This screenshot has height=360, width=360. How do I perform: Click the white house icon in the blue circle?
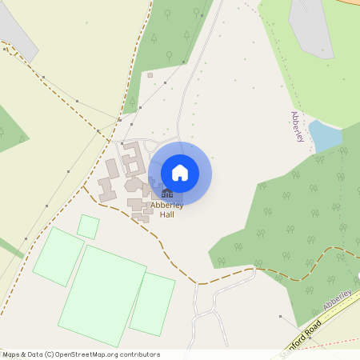(x=180, y=173)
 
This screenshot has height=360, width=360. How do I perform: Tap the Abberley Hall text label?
(x=167, y=210)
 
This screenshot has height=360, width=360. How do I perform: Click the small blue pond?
(x=324, y=135)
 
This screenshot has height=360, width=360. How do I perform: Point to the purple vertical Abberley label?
(x=298, y=127)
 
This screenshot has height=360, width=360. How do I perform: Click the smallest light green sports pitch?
(x=88, y=226)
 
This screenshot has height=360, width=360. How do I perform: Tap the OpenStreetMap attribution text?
(x=80, y=354)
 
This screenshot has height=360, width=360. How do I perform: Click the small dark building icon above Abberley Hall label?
(x=166, y=194)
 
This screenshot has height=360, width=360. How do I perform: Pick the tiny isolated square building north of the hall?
(x=150, y=75)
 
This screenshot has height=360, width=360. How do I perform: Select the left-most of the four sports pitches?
(x=58, y=256)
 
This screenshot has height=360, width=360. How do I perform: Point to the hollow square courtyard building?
(x=132, y=157)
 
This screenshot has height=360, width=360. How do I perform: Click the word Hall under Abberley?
(x=167, y=214)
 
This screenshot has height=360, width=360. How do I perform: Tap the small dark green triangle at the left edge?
(x=10, y=132)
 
